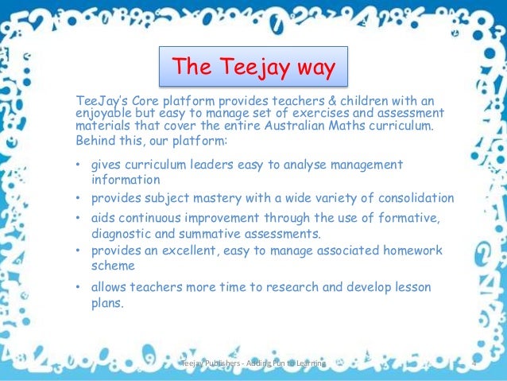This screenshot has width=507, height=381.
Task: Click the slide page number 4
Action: [x=473, y=364]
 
